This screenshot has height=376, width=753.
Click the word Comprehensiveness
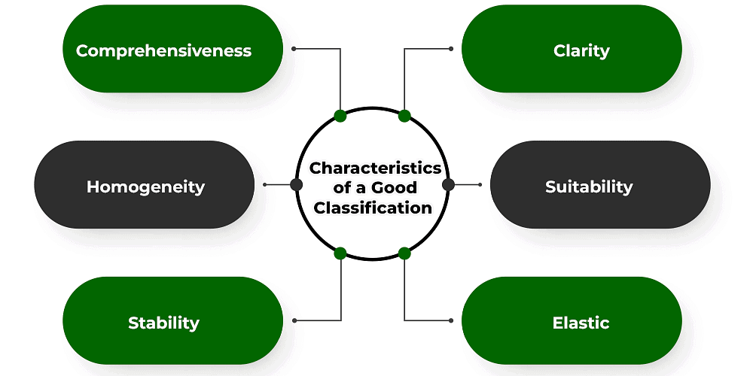click(163, 51)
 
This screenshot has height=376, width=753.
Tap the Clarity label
click(581, 51)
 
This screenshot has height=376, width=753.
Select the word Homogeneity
click(145, 187)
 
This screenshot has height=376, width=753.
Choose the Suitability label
click(589, 187)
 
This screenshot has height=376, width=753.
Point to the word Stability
click(163, 323)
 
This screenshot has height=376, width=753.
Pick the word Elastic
click(581, 323)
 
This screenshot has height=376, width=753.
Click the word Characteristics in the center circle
click(375, 168)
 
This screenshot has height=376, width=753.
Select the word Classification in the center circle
click(373, 208)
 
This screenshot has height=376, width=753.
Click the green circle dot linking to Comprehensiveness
click(340, 116)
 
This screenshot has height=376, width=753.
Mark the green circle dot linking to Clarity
click(404, 116)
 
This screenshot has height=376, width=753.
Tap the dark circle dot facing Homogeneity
click(296, 184)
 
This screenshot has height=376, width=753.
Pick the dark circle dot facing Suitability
click(449, 184)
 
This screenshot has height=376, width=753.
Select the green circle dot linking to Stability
click(340, 253)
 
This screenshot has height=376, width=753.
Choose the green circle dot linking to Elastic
click(404, 253)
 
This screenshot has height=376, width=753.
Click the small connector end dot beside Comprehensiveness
click(294, 49)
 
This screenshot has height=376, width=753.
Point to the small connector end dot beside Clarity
click(450, 49)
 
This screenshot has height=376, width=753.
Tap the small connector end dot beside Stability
click(294, 320)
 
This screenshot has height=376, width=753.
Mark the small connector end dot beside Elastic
click(450, 320)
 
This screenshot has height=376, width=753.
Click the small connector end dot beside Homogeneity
click(265, 184)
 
